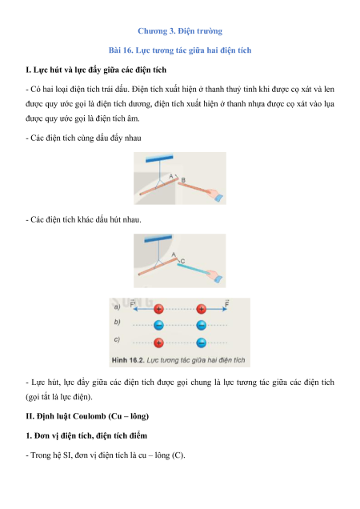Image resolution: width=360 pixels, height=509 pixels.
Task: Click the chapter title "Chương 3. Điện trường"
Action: click(180, 31)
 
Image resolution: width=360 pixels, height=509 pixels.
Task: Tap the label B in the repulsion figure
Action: click(183, 180)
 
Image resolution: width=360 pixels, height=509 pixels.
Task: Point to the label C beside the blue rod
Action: click(182, 261)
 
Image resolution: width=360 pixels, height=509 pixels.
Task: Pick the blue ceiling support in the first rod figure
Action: click(159, 158)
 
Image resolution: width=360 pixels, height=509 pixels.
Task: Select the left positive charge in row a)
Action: click(158, 309)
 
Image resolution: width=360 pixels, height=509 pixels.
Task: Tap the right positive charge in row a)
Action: click(202, 309)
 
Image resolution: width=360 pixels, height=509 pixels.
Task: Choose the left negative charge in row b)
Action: click(158, 325)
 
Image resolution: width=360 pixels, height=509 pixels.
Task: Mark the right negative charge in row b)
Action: click(202, 325)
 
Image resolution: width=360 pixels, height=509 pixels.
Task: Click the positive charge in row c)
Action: click(158, 343)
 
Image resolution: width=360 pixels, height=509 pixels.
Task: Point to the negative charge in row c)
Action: click(202, 343)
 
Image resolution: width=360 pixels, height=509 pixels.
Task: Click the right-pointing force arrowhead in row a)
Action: click(225, 309)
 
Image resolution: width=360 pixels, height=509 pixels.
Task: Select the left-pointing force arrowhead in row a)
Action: click(135, 309)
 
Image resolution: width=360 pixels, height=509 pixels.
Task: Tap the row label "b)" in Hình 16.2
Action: click(117, 322)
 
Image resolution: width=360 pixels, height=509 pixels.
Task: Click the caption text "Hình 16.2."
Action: click(128, 360)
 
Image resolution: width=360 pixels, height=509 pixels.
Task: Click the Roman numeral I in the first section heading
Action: click(27, 70)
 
